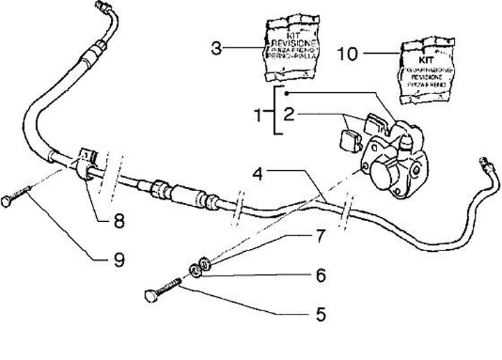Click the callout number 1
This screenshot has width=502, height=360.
click(259, 112)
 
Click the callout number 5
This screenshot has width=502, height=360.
click(321, 314)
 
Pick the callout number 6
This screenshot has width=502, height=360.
click(321, 276)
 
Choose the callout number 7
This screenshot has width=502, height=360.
click(321, 237)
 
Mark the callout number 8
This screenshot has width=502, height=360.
click(119, 222)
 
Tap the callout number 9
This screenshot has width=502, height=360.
click(119, 260)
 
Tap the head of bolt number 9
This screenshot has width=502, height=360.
click(8, 202)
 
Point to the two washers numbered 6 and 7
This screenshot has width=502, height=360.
click(201, 266)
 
